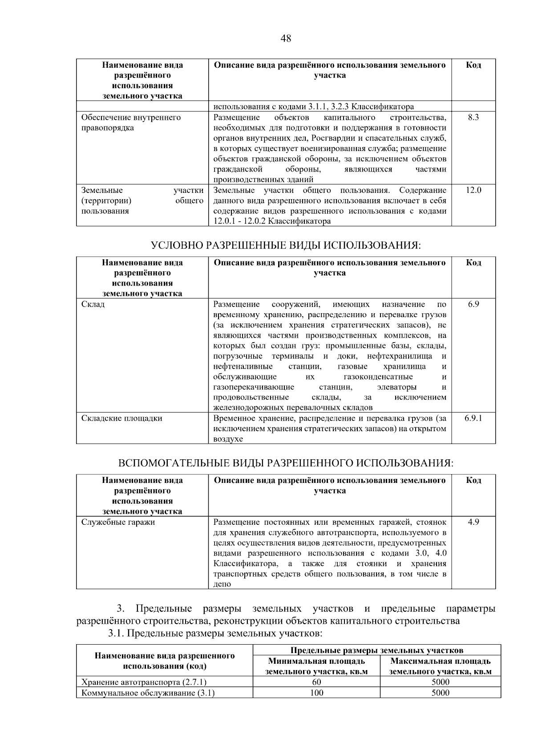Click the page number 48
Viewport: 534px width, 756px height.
286,39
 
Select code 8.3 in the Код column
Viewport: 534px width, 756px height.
473,118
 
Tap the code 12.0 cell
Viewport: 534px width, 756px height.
473,190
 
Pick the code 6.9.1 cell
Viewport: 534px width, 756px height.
473,418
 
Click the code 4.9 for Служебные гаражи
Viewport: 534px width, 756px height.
473,522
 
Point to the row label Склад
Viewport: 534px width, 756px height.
93,304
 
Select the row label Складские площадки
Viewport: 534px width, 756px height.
121,418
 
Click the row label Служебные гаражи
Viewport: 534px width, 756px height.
118,522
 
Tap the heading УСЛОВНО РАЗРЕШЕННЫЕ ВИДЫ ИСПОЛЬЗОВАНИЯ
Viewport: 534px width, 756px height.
286,246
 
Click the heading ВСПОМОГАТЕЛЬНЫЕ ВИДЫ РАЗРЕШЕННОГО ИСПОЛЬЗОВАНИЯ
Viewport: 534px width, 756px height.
286,463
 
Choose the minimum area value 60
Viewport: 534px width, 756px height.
316,682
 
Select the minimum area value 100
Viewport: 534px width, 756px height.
316,693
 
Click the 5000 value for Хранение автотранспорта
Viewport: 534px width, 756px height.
441,682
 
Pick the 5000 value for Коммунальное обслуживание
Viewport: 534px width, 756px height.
441,693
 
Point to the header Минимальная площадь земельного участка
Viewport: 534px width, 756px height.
316,666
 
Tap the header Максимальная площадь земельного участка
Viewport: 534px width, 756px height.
441,666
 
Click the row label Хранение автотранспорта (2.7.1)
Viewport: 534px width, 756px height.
144,682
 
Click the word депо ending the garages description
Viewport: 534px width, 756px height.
222,584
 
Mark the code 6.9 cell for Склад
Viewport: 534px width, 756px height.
473,304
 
